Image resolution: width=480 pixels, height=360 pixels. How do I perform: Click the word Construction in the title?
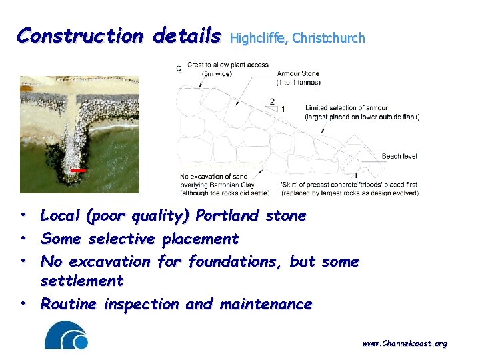coord(80,35)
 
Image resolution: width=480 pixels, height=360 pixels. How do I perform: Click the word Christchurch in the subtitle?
coord(329,38)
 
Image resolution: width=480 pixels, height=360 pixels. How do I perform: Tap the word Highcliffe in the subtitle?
coord(258,38)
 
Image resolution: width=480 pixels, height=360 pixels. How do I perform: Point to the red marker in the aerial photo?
coord(79,171)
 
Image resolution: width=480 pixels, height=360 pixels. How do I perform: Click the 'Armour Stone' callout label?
coord(298,73)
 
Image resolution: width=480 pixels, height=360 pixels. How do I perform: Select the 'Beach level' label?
coord(399,156)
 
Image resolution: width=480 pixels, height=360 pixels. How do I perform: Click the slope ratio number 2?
coord(272,101)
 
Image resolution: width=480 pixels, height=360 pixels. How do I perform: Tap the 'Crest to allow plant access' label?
coord(227,65)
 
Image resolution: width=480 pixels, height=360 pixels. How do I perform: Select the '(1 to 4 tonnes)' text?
coord(298,82)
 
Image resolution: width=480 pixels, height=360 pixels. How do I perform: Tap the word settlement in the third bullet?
coord(82,281)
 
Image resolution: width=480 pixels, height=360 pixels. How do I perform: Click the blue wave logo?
coord(66,335)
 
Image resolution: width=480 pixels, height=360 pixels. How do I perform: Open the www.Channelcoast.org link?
coord(404,343)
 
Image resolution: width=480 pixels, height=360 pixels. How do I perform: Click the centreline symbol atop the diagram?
coord(179,68)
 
